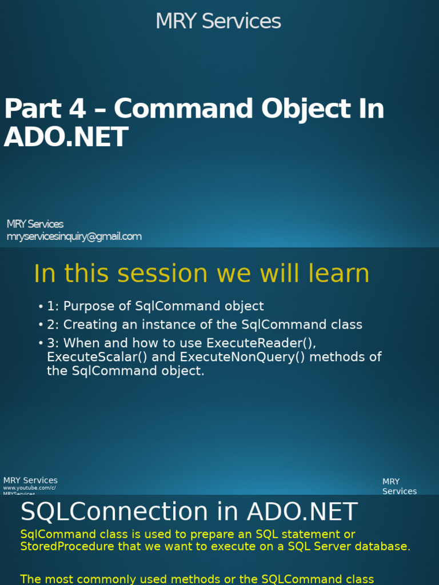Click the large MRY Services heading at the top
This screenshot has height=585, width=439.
[218, 22]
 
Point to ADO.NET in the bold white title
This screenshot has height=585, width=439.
[66, 138]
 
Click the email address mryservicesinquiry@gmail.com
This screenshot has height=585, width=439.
[74, 237]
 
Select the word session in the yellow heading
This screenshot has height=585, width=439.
[150, 274]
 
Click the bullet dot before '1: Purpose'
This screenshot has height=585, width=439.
[41, 307]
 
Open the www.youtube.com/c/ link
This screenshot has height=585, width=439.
[30, 488]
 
